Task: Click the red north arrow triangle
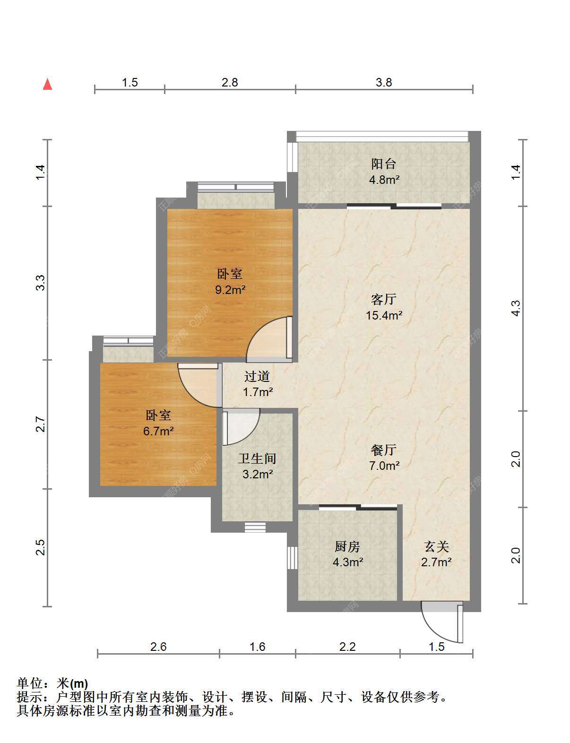(x=48, y=84)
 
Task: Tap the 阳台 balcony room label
(x=384, y=164)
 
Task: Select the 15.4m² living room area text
(x=384, y=315)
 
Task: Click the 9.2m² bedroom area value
(x=230, y=290)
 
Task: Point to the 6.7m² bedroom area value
(x=158, y=431)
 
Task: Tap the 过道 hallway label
(x=257, y=376)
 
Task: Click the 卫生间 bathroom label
(x=257, y=458)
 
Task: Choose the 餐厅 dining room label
(x=384, y=450)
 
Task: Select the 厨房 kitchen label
(x=347, y=546)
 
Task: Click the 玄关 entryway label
(x=436, y=546)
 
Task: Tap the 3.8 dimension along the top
(x=384, y=82)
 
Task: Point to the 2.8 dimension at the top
(x=229, y=82)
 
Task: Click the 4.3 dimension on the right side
(x=516, y=308)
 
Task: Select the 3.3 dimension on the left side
(x=40, y=283)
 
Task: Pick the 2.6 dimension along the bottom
(x=158, y=647)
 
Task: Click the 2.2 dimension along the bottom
(x=347, y=647)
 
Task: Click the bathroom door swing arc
(x=250, y=436)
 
